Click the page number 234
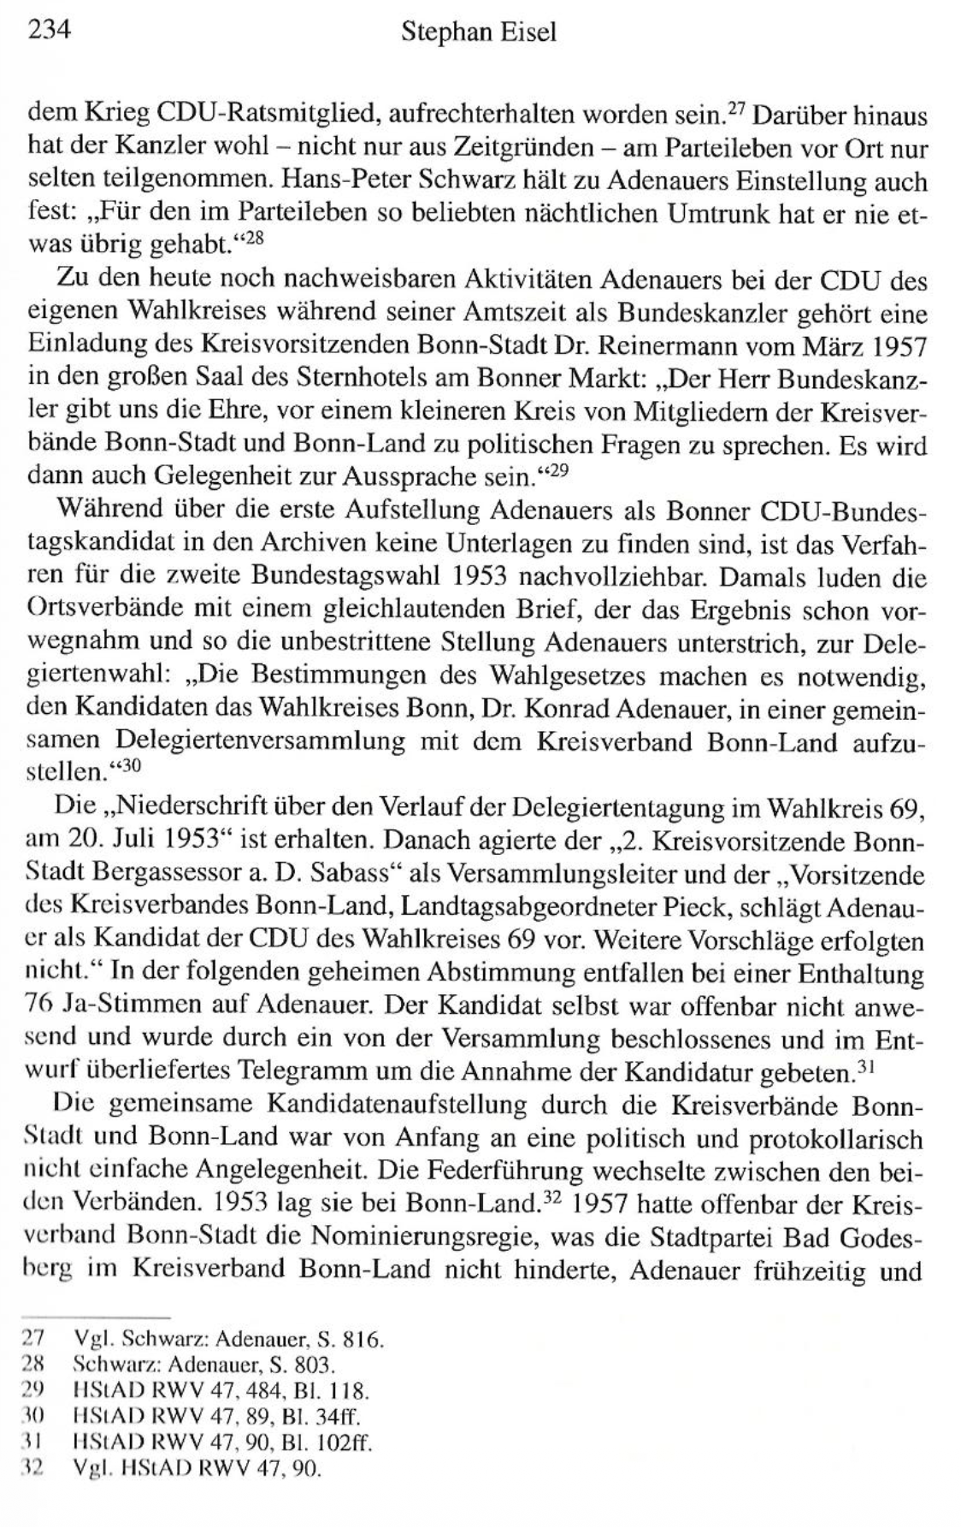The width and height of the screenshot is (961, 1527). coord(48,32)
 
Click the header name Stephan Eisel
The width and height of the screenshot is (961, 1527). coord(479,33)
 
